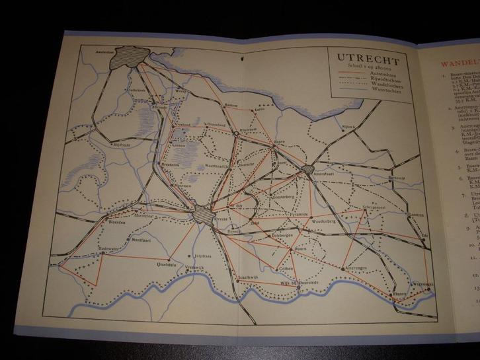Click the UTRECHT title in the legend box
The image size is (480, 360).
click(361, 57)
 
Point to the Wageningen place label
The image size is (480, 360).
click(422, 284)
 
